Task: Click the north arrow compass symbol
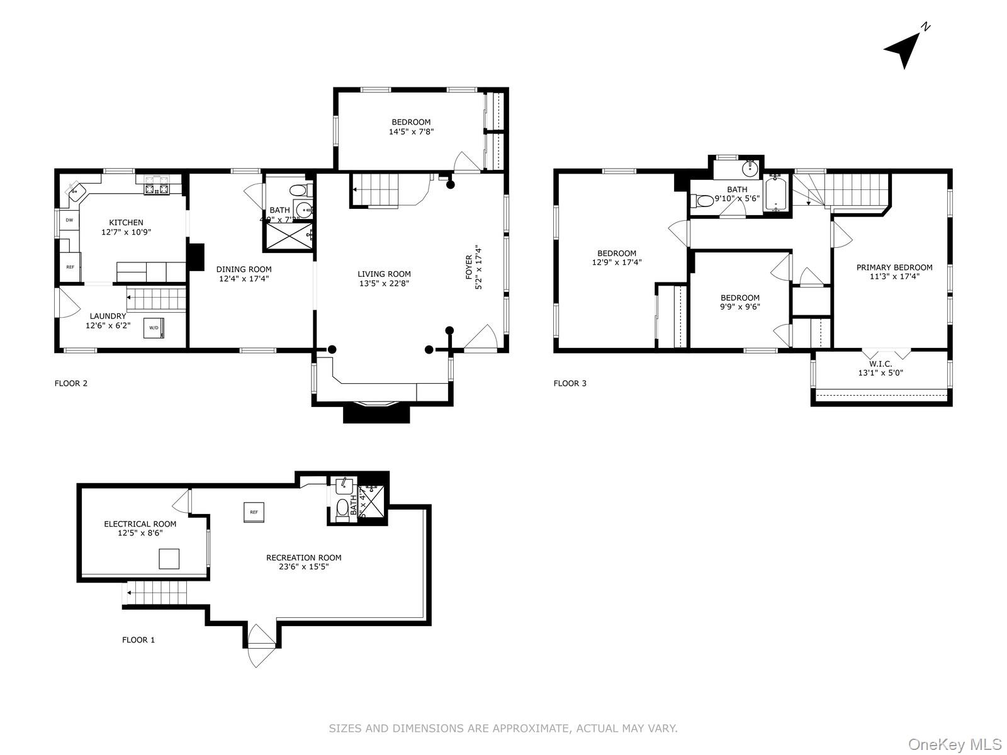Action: (x=905, y=49)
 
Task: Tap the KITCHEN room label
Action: (x=126, y=223)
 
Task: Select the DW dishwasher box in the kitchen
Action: (x=69, y=220)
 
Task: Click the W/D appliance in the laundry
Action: (x=154, y=328)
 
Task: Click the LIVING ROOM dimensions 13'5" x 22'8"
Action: (x=384, y=284)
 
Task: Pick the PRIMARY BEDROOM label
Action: (x=894, y=267)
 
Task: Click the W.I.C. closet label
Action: (x=880, y=364)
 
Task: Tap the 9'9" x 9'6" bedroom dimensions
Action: (x=740, y=307)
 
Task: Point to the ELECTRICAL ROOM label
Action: (x=140, y=524)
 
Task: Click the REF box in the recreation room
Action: (x=254, y=512)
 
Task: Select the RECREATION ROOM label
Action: (x=303, y=557)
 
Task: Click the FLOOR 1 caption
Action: (x=138, y=640)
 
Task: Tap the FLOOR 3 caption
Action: (x=570, y=383)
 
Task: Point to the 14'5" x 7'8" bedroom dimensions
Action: (x=411, y=132)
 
